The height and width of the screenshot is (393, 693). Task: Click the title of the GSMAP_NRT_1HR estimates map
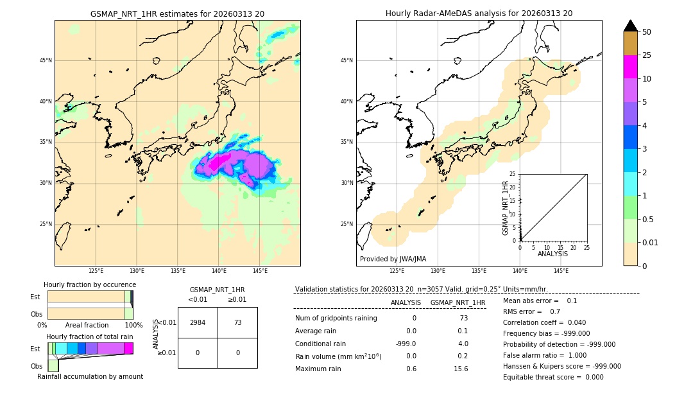(177, 13)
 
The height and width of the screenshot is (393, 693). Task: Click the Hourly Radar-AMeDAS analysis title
(479, 13)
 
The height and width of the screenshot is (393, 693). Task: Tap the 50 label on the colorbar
(647, 32)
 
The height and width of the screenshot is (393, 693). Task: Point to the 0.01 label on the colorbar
(651, 242)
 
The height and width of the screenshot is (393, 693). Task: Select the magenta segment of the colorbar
(630, 67)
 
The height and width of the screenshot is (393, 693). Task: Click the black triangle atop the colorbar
(630, 26)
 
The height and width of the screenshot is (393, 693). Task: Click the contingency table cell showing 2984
(198, 322)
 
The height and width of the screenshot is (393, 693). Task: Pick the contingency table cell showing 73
(237, 322)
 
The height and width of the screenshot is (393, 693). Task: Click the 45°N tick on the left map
(46, 60)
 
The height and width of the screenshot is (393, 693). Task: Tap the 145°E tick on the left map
(260, 271)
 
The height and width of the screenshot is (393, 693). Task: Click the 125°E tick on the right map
(397, 271)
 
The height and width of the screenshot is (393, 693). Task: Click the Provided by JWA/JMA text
(393, 259)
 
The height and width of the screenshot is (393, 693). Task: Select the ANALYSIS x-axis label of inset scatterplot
(552, 254)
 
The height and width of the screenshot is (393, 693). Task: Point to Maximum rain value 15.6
(461, 369)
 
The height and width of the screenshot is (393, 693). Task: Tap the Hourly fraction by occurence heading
(90, 284)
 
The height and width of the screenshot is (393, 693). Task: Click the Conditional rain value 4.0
(463, 344)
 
